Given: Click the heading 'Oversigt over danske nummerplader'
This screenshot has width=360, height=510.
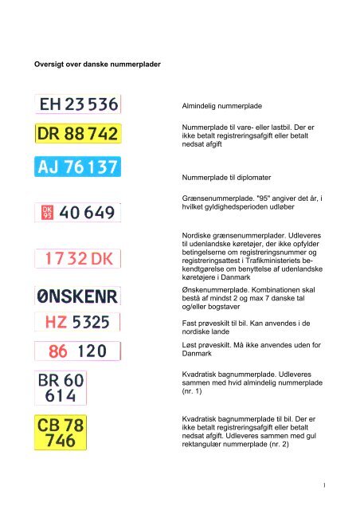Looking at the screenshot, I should coord(95,63).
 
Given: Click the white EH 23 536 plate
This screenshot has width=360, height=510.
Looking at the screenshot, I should coord(77,104).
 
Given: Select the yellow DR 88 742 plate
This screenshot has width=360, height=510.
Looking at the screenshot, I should coord(77,135).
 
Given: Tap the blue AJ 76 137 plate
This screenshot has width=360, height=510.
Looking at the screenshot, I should coord(77,167).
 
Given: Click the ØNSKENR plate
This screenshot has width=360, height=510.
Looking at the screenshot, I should coord(77,296).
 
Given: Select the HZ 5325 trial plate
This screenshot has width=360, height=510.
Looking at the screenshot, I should coord(77,323).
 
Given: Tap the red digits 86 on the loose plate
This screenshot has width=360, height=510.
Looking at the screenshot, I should coord(58,350).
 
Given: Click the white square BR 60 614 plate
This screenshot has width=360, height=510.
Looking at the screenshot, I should coord(61,388).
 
